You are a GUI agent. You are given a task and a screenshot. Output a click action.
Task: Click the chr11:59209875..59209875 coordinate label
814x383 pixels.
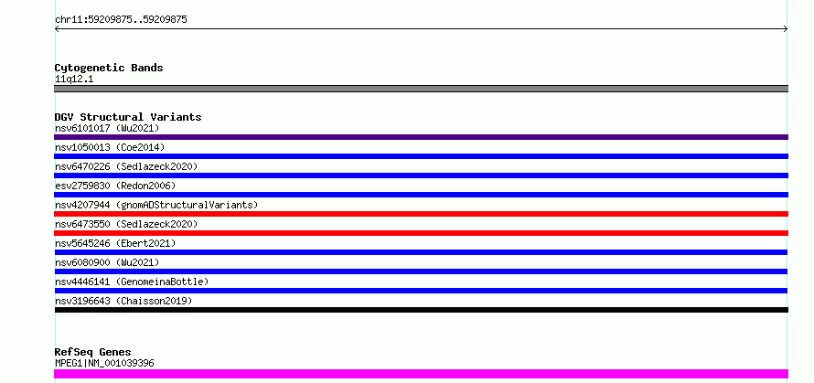121,20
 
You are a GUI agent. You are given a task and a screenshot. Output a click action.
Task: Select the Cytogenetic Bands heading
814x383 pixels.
109,68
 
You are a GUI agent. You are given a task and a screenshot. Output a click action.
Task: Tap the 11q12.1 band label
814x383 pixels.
74,80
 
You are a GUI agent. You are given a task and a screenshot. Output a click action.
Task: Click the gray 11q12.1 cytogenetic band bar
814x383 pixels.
421,89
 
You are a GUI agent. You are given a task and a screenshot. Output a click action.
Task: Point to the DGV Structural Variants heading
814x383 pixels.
128,117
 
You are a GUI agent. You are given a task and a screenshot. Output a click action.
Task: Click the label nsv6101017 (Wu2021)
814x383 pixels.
107,128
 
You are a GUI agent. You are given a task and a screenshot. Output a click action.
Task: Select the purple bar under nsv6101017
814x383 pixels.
421,137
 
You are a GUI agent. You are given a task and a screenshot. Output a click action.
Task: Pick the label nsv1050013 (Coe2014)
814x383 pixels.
110,147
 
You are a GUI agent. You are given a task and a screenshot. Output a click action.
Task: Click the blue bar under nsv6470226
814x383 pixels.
421,176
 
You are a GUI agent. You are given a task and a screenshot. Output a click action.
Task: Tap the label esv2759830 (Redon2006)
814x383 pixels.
115,186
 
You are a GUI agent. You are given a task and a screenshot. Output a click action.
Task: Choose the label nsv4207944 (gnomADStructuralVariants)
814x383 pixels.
156,205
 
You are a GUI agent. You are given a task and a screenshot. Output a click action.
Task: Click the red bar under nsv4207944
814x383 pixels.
421,214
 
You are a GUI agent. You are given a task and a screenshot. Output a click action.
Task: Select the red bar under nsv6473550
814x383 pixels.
421,233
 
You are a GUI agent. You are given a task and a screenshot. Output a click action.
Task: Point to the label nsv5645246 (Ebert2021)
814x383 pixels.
115,243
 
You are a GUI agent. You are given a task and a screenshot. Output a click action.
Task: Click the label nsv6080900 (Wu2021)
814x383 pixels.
107,262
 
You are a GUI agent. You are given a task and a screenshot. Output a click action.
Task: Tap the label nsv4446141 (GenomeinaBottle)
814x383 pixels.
132,282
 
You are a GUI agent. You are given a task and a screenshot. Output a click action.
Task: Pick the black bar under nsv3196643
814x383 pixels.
421,310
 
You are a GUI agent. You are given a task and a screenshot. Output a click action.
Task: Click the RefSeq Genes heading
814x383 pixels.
93,353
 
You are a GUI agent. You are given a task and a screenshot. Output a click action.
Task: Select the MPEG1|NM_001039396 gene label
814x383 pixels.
104,363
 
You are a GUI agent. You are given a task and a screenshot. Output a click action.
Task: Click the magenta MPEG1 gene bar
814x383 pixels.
421,374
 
